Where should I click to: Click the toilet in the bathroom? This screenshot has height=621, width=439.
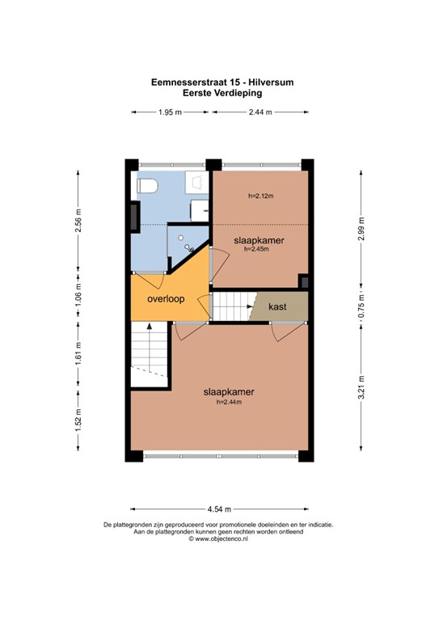coord(146,187)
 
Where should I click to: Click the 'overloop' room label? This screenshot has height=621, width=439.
coord(165,298)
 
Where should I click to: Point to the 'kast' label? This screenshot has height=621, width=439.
coord(277,307)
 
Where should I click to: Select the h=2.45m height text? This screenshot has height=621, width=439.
coord(255,249)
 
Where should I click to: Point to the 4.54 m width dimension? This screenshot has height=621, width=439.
coord(219,509)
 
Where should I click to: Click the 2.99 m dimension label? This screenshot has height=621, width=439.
coord(361,230)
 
